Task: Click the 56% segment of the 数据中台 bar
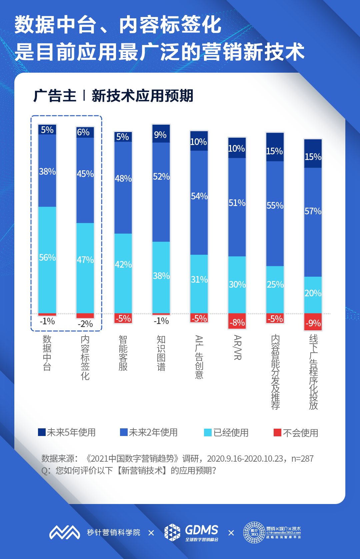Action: point(47,260)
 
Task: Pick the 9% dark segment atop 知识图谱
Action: point(161,134)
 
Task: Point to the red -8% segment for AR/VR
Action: point(237,321)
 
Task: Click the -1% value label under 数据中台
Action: point(47,321)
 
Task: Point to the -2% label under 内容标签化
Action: point(85,324)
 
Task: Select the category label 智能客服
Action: point(123,353)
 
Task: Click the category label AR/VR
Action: point(237,347)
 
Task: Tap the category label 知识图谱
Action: point(161,353)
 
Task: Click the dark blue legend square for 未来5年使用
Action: point(42,432)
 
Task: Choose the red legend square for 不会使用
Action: point(277,432)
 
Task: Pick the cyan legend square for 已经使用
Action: point(208,432)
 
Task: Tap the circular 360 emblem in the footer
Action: point(254,532)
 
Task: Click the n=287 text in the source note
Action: point(302,459)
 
